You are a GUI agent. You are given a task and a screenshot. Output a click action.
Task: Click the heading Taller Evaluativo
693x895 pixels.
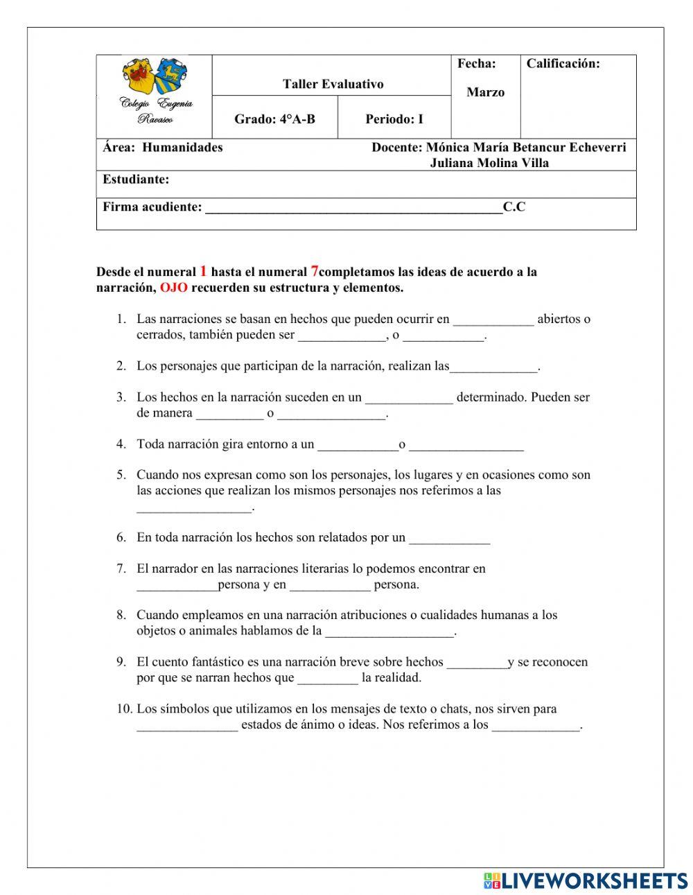pyautogui.click(x=333, y=84)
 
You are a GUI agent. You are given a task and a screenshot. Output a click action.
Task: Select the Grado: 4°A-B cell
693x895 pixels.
pyautogui.click(x=274, y=119)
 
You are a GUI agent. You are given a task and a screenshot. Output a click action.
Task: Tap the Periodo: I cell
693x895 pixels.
pyautogui.click(x=394, y=119)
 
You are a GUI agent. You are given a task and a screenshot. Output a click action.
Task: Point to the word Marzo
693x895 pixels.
pyautogui.click(x=485, y=92)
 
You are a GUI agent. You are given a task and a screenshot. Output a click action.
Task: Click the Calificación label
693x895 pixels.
pyautogui.click(x=563, y=64)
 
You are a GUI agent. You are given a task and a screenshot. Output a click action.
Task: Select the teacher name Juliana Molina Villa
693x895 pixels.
pyautogui.click(x=489, y=163)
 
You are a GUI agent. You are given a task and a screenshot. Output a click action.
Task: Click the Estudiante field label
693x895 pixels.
pyautogui.click(x=136, y=180)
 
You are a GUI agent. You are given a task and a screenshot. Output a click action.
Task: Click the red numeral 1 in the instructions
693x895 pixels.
pyautogui.click(x=203, y=271)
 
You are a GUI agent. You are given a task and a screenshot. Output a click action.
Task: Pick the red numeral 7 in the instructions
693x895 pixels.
pyautogui.click(x=314, y=271)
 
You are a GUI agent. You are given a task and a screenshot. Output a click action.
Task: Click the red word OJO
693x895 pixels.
pyautogui.click(x=173, y=288)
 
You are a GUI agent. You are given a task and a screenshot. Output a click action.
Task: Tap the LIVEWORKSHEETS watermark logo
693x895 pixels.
pyautogui.click(x=585, y=880)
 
